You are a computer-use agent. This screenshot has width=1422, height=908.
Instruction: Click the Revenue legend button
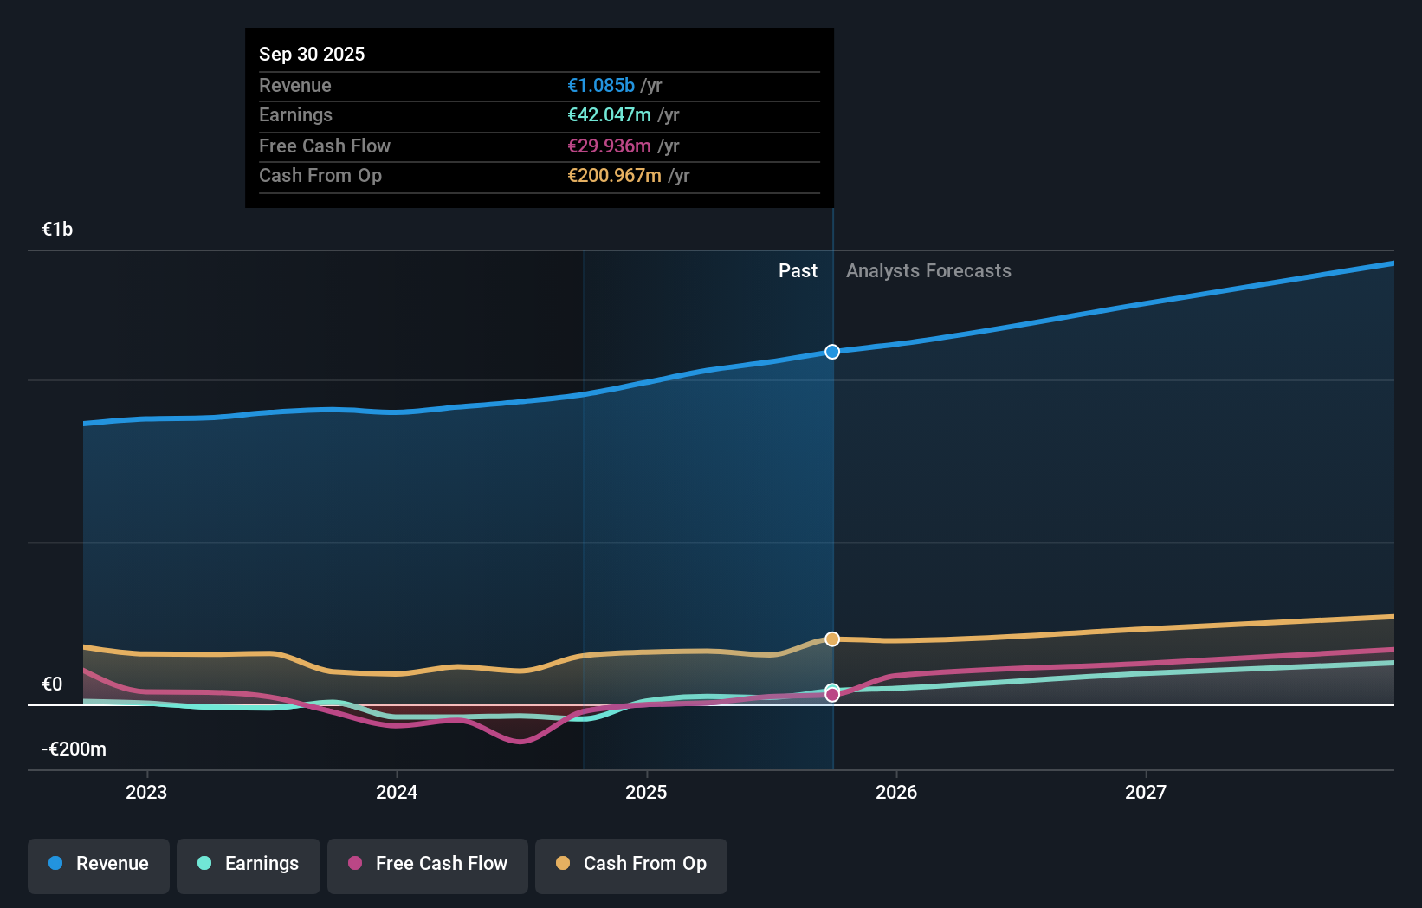(x=99, y=865)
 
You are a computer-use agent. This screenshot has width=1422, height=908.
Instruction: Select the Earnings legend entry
(x=249, y=865)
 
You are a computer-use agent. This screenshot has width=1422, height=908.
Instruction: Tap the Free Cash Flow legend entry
(x=428, y=865)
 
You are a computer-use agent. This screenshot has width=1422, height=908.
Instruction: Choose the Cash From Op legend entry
(x=631, y=865)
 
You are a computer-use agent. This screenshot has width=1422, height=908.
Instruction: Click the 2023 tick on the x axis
(x=146, y=792)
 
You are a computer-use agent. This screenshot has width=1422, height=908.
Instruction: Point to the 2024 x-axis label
(x=397, y=792)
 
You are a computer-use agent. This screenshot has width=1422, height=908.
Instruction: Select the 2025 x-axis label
(x=646, y=792)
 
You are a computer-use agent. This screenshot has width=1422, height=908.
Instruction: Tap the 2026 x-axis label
(x=896, y=792)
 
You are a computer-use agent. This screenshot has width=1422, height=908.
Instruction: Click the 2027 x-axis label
(x=1146, y=792)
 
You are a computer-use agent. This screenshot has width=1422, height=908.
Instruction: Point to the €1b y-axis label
(x=58, y=230)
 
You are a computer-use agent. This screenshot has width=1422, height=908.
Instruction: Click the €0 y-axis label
(x=53, y=684)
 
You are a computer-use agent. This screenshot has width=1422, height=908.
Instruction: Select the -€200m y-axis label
(x=74, y=749)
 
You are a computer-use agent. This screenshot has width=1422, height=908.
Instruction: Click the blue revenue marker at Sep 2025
(x=832, y=352)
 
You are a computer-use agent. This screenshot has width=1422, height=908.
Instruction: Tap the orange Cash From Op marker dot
(x=832, y=639)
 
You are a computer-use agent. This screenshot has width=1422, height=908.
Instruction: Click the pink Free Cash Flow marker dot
(x=832, y=695)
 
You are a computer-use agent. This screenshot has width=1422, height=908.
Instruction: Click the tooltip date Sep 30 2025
(x=312, y=54)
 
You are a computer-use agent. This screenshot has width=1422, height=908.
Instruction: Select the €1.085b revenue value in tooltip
(x=601, y=85)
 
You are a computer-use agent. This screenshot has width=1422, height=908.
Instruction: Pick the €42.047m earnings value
(x=609, y=115)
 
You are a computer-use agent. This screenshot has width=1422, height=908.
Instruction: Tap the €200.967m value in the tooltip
(x=614, y=176)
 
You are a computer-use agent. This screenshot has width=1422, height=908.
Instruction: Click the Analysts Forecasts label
(x=928, y=271)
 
